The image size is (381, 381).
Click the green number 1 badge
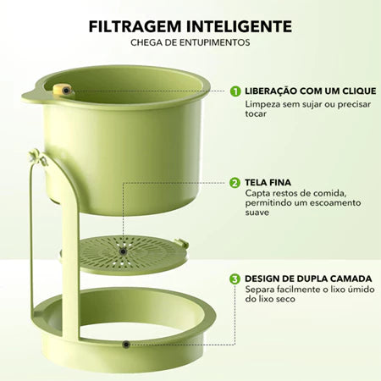(235, 91)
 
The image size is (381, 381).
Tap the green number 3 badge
(235, 278)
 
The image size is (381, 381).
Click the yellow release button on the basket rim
(61, 89)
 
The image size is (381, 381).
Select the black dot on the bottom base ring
(125, 345)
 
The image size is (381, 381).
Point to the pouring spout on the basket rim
(30, 93)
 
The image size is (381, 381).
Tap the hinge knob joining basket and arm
(35, 156)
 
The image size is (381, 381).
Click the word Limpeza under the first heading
(262, 105)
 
